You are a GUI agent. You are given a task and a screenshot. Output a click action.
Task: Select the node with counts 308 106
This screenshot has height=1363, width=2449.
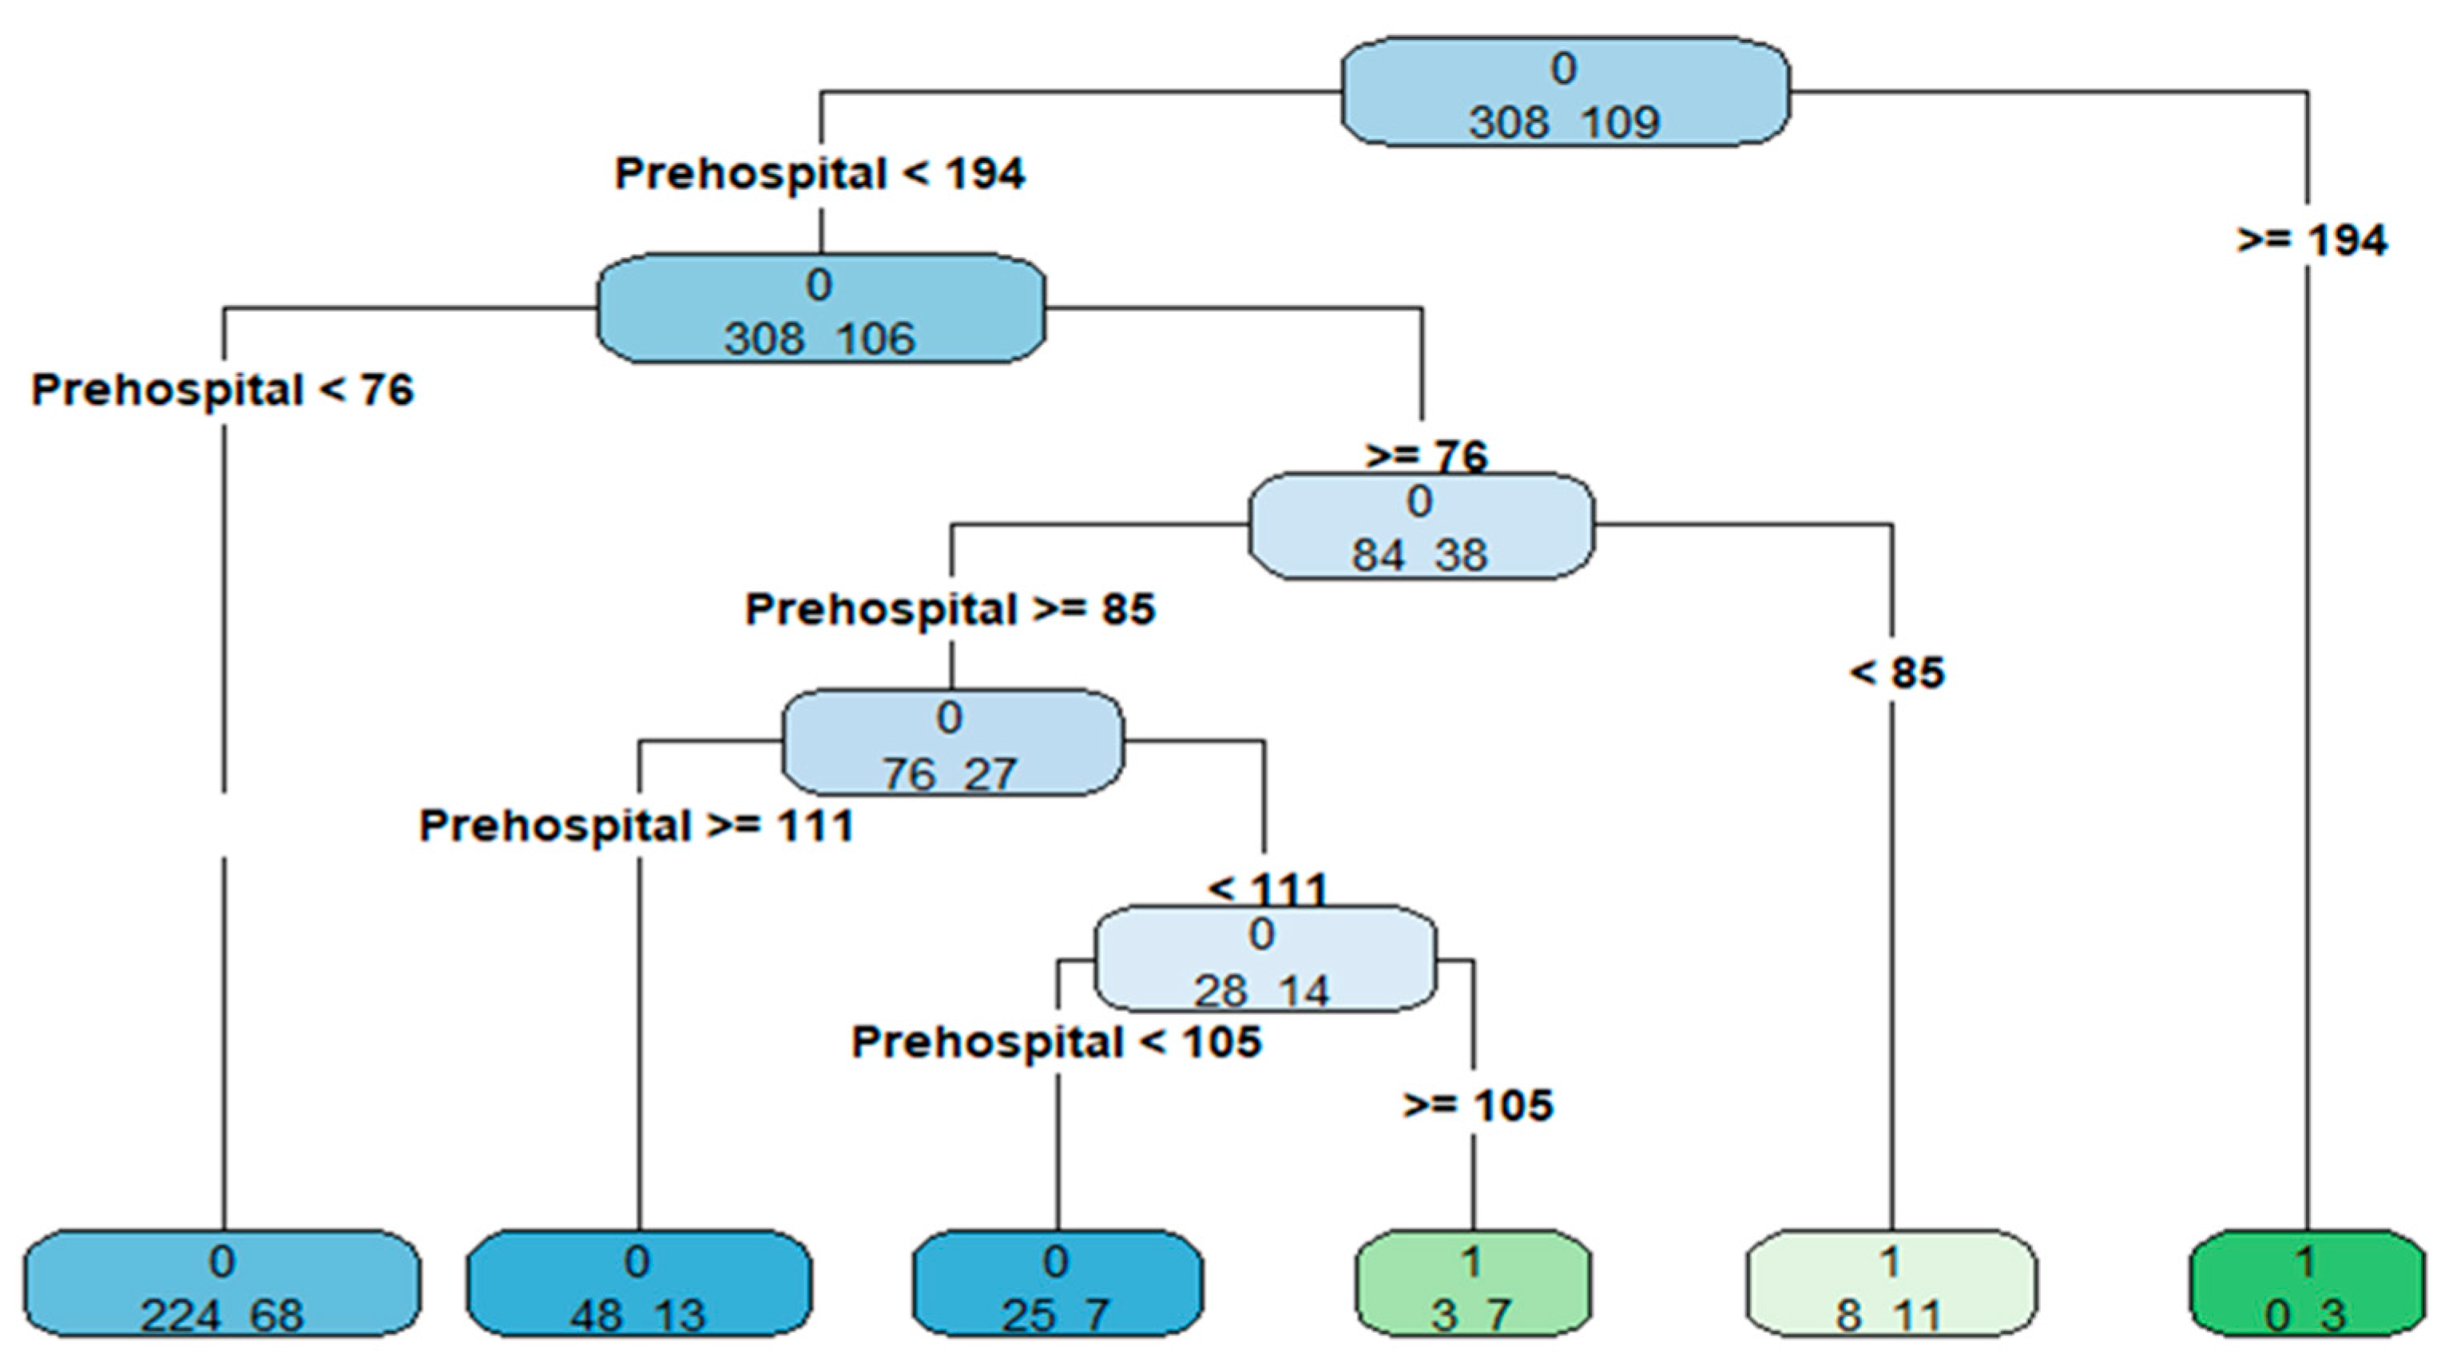(x=820, y=309)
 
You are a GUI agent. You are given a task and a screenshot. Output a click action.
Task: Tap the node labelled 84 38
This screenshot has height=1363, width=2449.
(x=1420, y=525)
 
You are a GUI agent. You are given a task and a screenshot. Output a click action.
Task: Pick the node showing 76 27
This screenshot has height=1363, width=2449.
(x=951, y=743)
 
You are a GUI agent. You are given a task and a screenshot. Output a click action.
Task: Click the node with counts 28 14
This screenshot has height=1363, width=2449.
(x=1264, y=959)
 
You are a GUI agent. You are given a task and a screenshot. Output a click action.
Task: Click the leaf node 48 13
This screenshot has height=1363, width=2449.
(x=638, y=1283)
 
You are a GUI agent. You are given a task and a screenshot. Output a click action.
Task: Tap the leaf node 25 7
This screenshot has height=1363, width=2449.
(x=1056, y=1283)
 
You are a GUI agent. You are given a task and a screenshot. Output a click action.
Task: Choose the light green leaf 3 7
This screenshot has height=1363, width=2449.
(x=1471, y=1283)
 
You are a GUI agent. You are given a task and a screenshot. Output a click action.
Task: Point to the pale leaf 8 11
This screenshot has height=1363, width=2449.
(x=1891, y=1283)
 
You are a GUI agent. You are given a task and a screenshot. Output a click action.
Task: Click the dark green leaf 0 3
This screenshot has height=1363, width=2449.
(x=2306, y=1283)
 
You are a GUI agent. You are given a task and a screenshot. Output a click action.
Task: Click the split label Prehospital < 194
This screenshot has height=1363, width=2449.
(x=820, y=174)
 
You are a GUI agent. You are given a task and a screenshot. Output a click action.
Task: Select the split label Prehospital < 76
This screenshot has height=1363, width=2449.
(x=223, y=390)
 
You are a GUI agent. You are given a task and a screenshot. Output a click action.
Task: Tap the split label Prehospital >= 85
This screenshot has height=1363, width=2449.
(x=950, y=609)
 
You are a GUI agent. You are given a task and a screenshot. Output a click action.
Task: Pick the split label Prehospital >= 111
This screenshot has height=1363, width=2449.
(x=636, y=825)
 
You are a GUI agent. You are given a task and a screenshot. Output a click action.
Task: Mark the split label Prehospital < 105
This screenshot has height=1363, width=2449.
(x=1056, y=1042)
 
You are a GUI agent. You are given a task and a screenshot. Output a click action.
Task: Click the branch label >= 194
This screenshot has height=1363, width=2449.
(x=2311, y=240)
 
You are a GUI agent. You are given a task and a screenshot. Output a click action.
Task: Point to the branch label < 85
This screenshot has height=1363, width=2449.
(x=1896, y=673)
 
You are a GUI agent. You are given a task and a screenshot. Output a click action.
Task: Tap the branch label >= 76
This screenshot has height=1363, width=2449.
(x=1425, y=456)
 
